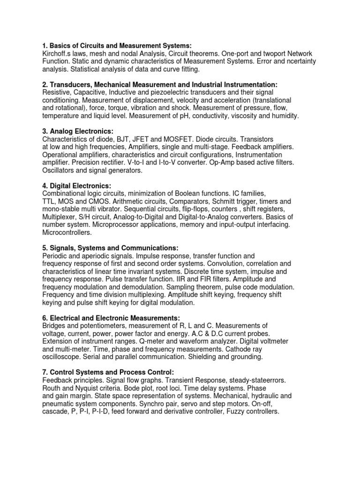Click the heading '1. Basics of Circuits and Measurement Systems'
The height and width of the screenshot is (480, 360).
point(117,45)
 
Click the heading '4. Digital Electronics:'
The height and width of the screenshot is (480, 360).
point(77,186)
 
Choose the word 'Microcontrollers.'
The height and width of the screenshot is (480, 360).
point(67,232)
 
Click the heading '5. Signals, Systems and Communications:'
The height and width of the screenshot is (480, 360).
point(110,247)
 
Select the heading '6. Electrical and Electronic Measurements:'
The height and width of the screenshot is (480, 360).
point(111,317)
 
